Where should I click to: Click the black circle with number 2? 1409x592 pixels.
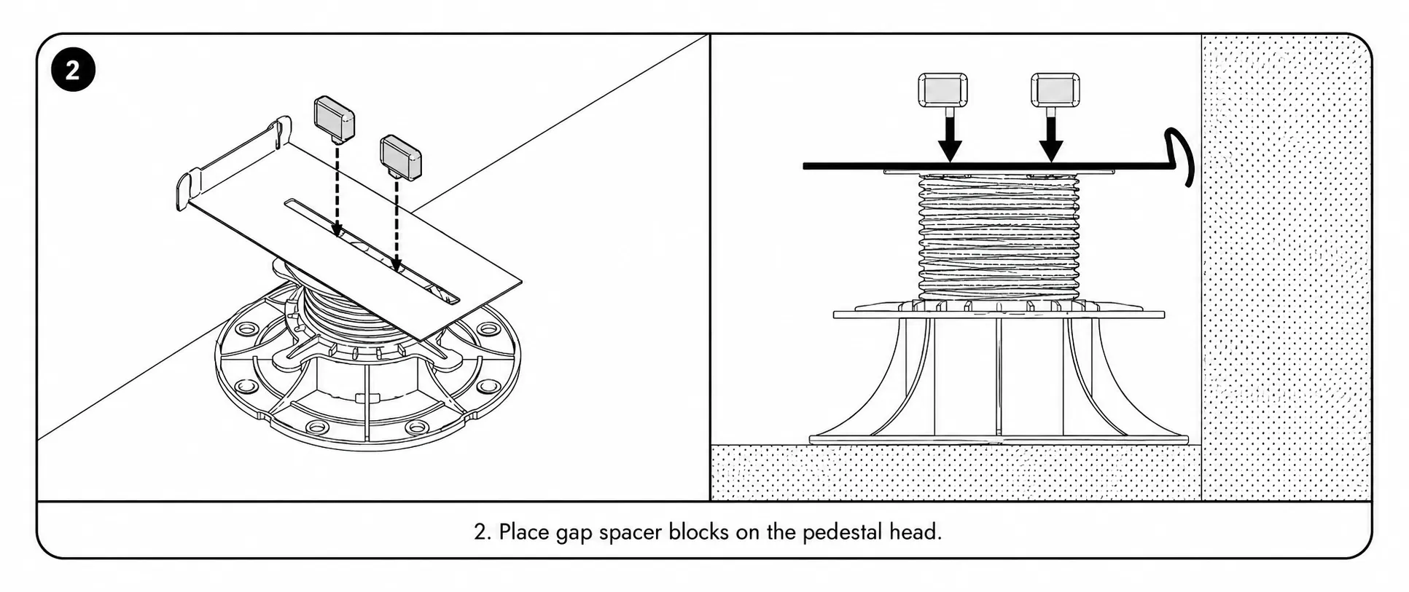point(73,70)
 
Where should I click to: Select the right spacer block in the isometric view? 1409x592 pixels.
point(400,157)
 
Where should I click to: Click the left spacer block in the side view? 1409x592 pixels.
point(943,90)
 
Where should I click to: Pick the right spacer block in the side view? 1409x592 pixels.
point(1055,90)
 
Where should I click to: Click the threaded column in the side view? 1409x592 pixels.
point(999,237)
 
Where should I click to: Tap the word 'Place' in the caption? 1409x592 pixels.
point(524,532)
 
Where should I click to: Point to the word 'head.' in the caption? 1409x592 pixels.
point(916,532)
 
